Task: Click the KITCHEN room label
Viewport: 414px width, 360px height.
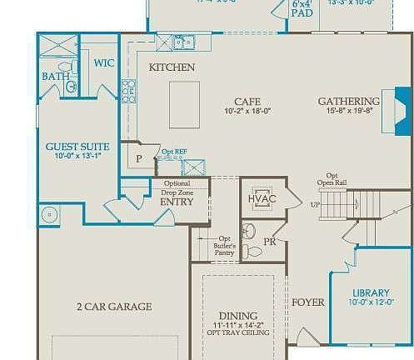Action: tap(172, 67)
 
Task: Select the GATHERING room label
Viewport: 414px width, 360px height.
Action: tap(349, 102)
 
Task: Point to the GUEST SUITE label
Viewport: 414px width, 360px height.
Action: tap(77, 147)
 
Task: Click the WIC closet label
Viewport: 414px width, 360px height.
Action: tap(104, 62)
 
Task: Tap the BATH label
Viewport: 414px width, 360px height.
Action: tap(55, 77)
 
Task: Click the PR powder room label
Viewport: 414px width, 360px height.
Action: tap(269, 242)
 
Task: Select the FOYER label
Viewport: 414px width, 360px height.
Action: tap(307, 302)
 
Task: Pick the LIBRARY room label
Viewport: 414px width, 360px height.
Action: tap(371, 292)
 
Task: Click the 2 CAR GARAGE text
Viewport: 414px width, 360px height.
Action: tap(114, 307)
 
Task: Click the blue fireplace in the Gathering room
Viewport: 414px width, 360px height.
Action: tap(399, 117)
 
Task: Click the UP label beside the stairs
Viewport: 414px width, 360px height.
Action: tap(315, 204)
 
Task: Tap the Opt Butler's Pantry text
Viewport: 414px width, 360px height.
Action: tap(224, 244)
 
